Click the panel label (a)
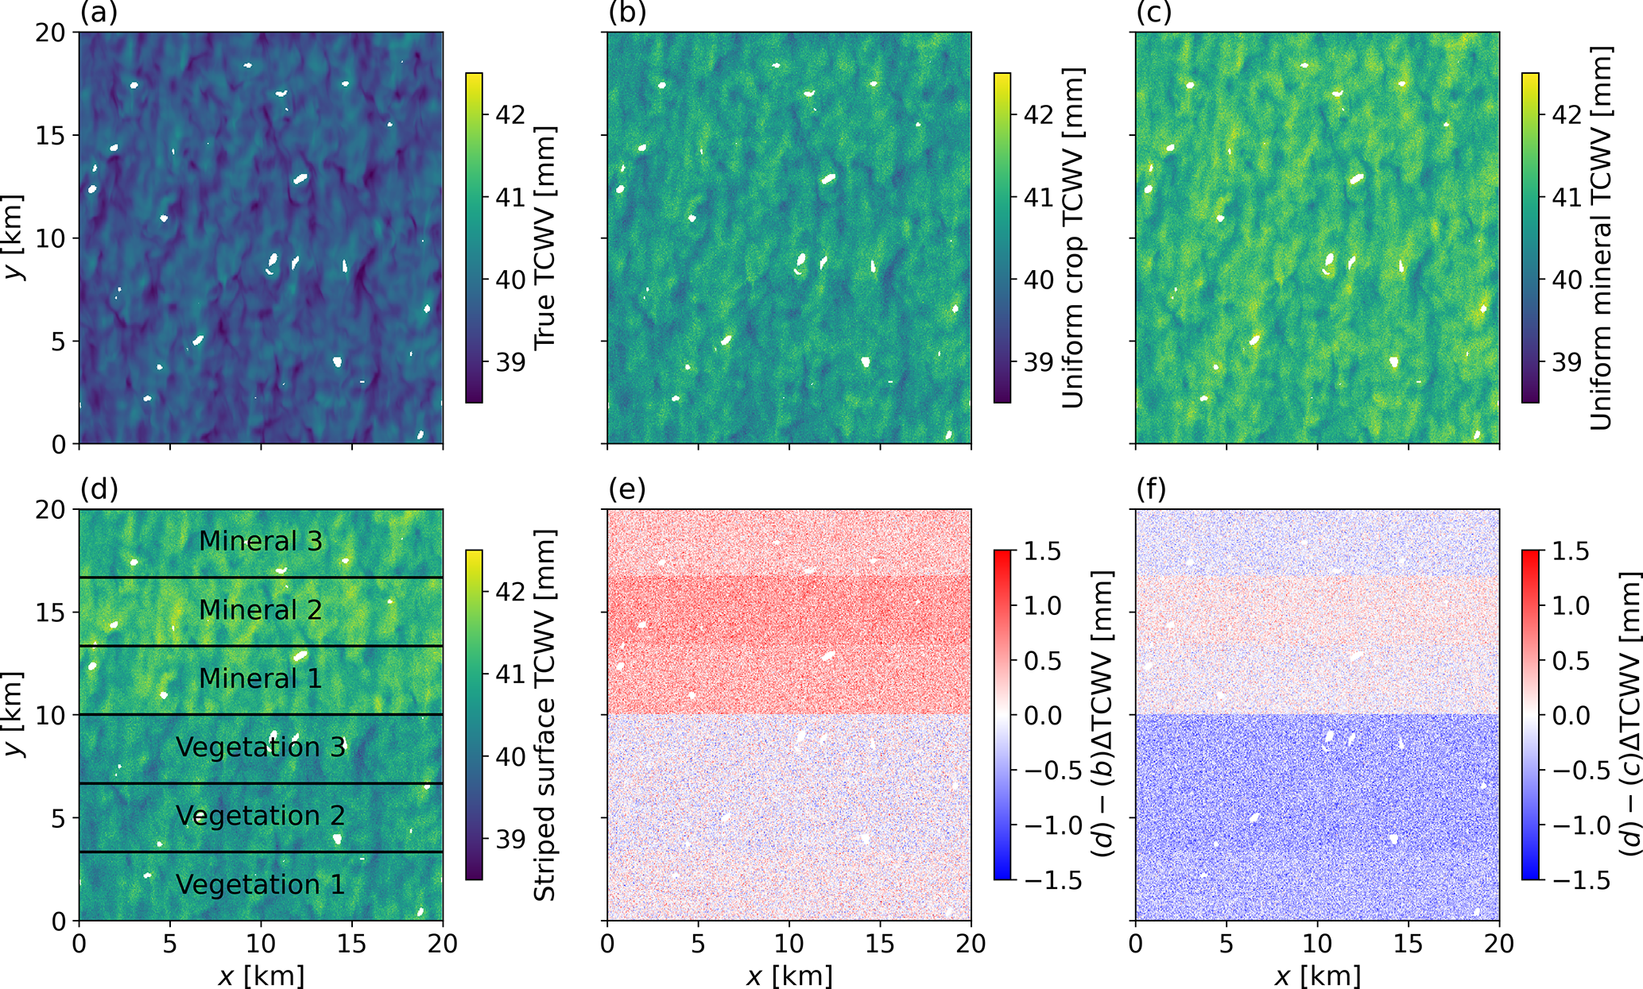point(99,14)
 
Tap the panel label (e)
point(627,490)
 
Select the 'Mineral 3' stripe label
point(261,541)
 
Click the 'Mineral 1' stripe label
point(261,678)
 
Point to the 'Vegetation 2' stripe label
point(261,816)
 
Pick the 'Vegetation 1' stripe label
point(261,884)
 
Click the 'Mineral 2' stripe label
point(261,610)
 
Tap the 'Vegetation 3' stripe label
point(261,747)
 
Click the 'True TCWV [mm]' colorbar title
point(544,238)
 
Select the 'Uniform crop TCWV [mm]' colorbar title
point(1073,238)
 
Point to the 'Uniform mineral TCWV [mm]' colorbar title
point(1601,238)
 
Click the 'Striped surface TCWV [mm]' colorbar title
point(544,715)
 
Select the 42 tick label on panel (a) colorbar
point(510,114)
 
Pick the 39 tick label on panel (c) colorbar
point(1567,362)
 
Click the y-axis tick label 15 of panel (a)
point(51,135)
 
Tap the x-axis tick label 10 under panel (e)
point(789,943)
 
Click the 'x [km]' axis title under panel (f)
point(1317,975)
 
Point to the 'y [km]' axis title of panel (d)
point(14,715)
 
